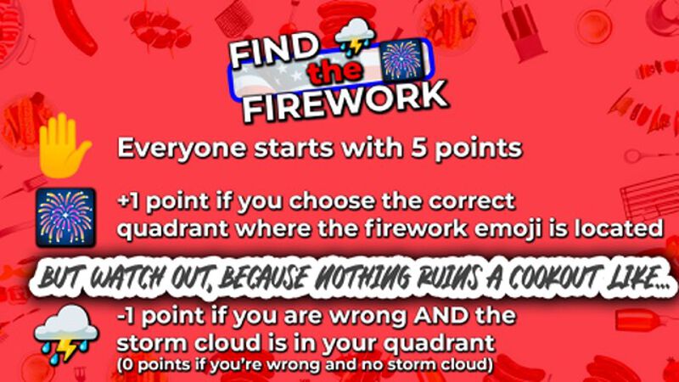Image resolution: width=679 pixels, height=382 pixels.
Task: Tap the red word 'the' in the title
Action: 334,75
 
